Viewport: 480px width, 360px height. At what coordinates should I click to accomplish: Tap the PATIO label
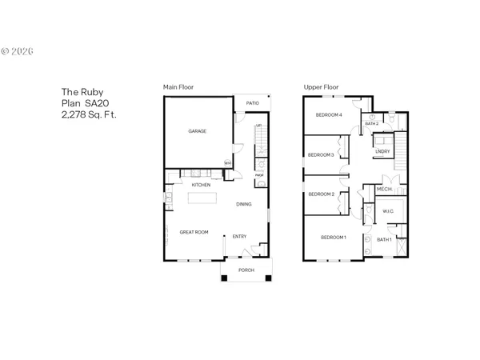252,103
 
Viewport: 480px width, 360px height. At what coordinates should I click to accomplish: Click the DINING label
244,204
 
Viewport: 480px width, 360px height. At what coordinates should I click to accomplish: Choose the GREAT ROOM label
194,232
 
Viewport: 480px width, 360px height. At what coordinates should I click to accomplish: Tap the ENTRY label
239,236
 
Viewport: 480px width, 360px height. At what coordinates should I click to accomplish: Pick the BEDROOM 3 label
321,154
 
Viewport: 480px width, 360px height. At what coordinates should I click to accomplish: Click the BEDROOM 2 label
321,194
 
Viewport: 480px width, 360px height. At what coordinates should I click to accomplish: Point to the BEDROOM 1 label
334,238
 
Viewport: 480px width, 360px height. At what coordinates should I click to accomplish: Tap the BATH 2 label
371,124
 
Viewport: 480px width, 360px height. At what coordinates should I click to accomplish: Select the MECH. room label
384,190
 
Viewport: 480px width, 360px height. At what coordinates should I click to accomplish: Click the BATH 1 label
384,239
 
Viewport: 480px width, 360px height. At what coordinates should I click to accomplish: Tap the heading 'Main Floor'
178,86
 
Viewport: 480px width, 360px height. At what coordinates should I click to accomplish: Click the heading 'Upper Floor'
319,86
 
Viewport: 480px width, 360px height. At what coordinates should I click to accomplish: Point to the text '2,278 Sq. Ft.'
89,114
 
